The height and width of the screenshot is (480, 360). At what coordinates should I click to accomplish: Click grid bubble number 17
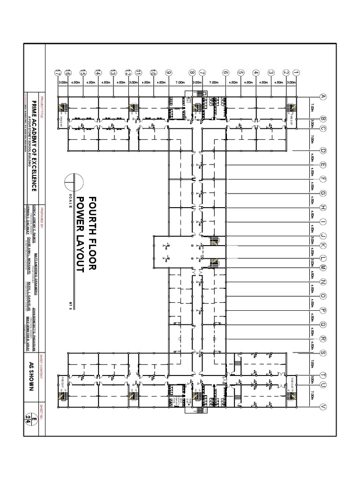tap(58, 73)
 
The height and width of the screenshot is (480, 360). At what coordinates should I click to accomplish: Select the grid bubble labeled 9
tap(168, 73)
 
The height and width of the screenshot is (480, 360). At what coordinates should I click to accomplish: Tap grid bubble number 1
tap(296, 73)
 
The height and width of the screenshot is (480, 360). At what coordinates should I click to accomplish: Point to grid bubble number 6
tap(225, 73)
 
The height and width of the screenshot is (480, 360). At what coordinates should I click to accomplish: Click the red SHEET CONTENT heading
tap(41, 365)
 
